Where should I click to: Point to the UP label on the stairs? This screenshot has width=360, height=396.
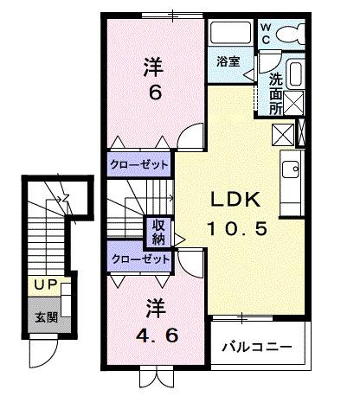coord(44,282)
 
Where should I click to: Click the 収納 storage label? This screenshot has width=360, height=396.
coord(158,232)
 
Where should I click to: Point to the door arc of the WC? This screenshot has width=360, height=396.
coord(271,62)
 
